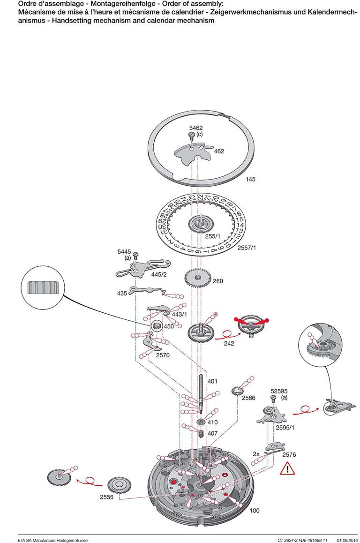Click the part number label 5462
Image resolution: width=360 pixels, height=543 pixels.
(196, 128)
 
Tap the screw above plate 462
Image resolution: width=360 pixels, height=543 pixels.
(191, 136)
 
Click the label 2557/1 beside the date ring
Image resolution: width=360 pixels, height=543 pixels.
(247, 247)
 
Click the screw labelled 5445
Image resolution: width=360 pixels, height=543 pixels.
(135, 256)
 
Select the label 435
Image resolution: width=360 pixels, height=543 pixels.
(122, 293)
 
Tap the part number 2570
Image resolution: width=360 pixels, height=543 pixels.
(163, 355)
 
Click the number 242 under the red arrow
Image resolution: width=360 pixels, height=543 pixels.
(229, 343)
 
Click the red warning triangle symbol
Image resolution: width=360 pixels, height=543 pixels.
(287, 468)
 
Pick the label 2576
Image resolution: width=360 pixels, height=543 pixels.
(289, 454)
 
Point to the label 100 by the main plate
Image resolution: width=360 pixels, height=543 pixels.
(255, 510)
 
